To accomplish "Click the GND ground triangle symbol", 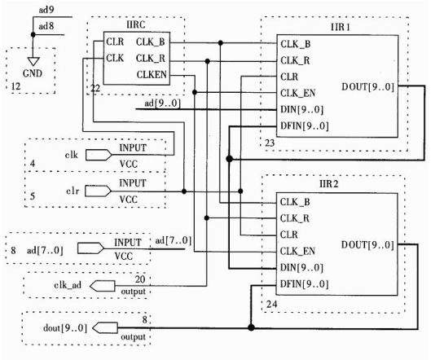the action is (33, 62).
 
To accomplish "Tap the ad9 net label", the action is (46, 10).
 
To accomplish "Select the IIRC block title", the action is (136, 25).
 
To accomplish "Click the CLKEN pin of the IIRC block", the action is (152, 75).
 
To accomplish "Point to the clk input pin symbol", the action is (99, 155).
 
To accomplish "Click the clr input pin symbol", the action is (98, 191).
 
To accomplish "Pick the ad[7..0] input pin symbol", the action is (90, 248).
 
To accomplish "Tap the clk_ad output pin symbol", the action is (103, 286).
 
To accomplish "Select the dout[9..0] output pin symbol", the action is (105, 328).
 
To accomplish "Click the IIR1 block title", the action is (340, 27).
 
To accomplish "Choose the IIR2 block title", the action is (328, 185).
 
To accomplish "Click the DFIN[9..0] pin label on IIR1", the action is (305, 126).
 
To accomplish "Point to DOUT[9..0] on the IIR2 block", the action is (367, 245).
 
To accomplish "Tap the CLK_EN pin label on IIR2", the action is (297, 252).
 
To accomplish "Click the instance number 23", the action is (270, 143).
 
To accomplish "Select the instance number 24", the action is (272, 305).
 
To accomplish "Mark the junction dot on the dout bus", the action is (251, 327).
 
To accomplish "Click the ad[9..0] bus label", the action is (162, 103).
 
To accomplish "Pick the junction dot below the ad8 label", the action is (33, 35).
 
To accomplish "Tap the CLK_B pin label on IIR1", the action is (296, 45).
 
